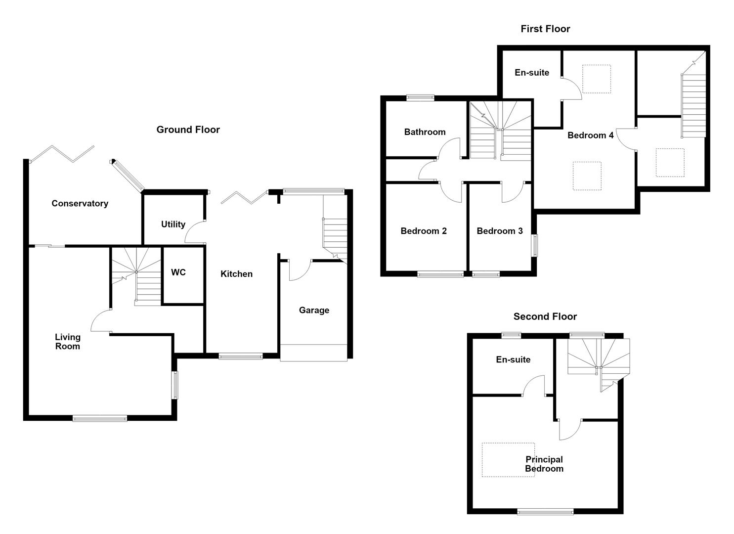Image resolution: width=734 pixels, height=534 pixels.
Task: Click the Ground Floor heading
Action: pyautogui.click(x=188, y=130)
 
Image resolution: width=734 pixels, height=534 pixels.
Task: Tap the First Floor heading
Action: pyautogui.click(x=546, y=29)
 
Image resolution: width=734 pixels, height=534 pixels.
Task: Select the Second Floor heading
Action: pyautogui.click(x=545, y=316)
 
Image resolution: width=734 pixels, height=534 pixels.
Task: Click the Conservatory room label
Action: pyautogui.click(x=80, y=204)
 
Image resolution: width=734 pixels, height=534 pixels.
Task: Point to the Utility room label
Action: pyautogui.click(x=173, y=224)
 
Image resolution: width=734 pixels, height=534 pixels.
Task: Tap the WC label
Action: pyautogui.click(x=178, y=272)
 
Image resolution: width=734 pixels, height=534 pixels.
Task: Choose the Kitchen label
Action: pyautogui.click(x=237, y=274)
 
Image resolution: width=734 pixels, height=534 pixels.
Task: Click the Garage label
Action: pyautogui.click(x=314, y=311)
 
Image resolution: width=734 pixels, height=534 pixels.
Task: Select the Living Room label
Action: pyautogui.click(x=68, y=342)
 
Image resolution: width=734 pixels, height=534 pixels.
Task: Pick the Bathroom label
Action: pyautogui.click(x=425, y=132)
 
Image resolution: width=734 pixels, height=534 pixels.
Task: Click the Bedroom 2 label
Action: pyautogui.click(x=424, y=231)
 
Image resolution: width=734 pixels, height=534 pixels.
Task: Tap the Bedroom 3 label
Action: pyautogui.click(x=500, y=231)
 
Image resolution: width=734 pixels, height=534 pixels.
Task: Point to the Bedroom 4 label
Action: pyautogui.click(x=591, y=135)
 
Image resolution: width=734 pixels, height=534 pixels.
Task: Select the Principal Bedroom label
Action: pyautogui.click(x=544, y=464)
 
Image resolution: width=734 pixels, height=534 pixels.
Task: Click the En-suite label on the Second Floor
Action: pyautogui.click(x=513, y=359)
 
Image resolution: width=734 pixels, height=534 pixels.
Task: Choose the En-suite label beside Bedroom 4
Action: pyautogui.click(x=532, y=73)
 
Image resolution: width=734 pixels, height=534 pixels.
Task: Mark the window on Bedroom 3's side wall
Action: pyautogui.click(x=534, y=245)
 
